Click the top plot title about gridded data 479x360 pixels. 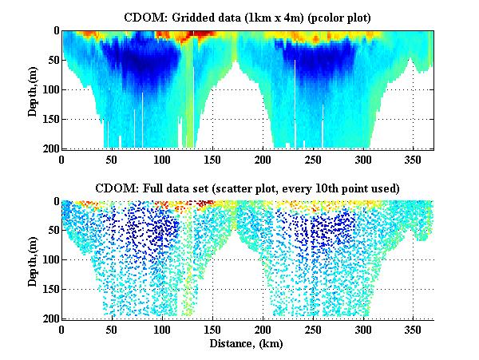pos(247,16)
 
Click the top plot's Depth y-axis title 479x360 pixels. pos(33,90)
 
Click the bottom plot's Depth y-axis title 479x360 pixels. pos(33,260)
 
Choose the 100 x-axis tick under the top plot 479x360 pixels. pos(162,159)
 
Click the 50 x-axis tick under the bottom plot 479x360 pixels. pos(112,330)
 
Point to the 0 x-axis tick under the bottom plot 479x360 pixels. pos(61,330)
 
